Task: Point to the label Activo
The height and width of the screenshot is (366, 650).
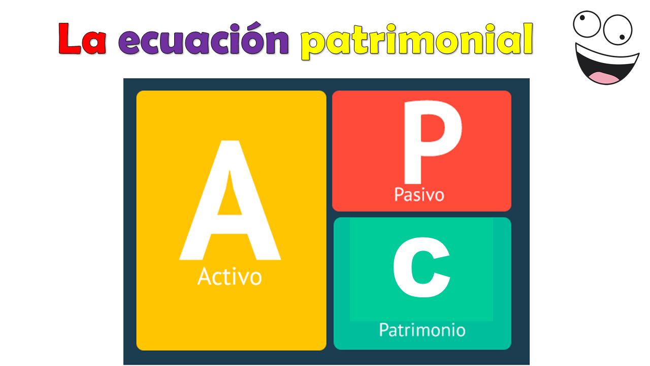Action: (230, 277)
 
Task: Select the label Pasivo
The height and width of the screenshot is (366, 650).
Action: (419, 194)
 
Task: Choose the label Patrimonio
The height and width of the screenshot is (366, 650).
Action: (422, 330)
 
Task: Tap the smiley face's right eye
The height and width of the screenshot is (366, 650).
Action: (617, 29)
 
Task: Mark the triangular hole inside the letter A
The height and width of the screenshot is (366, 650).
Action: (230, 198)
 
